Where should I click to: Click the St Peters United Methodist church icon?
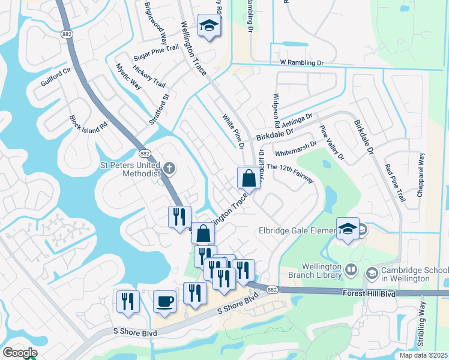pyautogui.click(x=170, y=168)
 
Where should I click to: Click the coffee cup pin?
pyautogui.click(x=164, y=302)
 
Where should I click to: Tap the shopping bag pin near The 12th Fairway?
pyautogui.click(x=249, y=178)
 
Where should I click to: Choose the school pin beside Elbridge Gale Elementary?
pyautogui.click(x=348, y=229)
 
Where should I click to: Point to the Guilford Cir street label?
pyautogui.click(x=56, y=77)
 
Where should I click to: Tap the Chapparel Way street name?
pyautogui.click(x=421, y=176)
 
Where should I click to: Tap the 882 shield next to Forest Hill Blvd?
pyautogui.click(x=273, y=289)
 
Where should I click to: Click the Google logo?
pyautogui.click(x=19, y=353)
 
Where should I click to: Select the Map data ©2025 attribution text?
pyautogui.click(x=414, y=355)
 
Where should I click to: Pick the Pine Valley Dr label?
pyautogui.click(x=332, y=143)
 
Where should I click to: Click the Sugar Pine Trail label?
pyautogui.click(x=156, y=52)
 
